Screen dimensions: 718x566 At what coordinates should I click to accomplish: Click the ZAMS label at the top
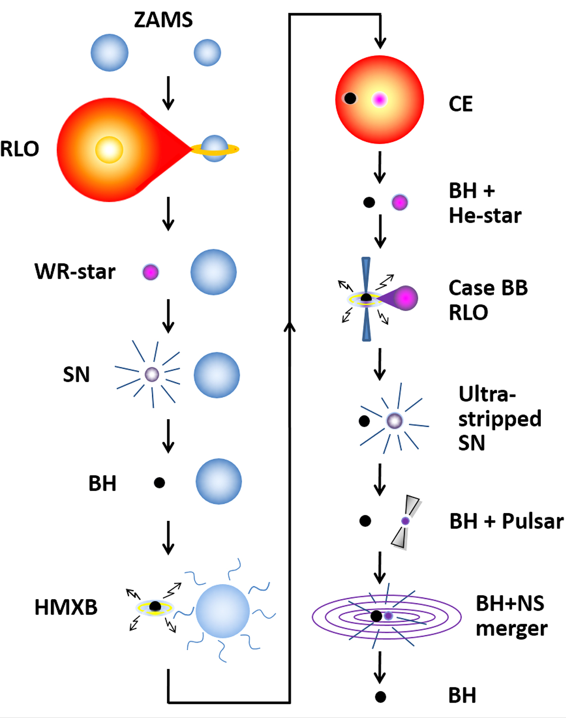163,20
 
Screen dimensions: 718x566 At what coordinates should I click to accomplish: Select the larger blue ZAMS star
110,53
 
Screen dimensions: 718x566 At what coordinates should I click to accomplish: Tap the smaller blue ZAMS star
207,53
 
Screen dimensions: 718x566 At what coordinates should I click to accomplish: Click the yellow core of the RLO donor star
109,150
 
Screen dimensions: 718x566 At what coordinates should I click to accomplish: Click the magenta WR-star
151,272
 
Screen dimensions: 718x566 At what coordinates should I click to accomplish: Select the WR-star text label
75,272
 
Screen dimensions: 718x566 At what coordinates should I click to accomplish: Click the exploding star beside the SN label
151,374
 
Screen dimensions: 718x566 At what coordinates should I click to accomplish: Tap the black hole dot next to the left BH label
159,483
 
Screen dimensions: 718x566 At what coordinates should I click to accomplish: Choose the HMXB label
66,607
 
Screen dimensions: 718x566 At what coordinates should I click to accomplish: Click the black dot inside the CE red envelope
350,98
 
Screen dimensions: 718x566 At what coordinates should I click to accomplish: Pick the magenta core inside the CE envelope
379,99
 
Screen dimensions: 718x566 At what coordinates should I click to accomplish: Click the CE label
460,104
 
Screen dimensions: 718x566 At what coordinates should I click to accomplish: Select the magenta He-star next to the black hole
400,202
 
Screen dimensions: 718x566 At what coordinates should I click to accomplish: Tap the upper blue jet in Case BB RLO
366,274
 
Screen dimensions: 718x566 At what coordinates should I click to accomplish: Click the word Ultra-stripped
487,394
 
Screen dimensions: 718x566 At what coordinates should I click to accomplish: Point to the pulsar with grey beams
406,521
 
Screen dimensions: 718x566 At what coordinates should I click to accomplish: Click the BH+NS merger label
511,616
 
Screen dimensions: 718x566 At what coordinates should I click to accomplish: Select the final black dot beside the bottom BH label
380,697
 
